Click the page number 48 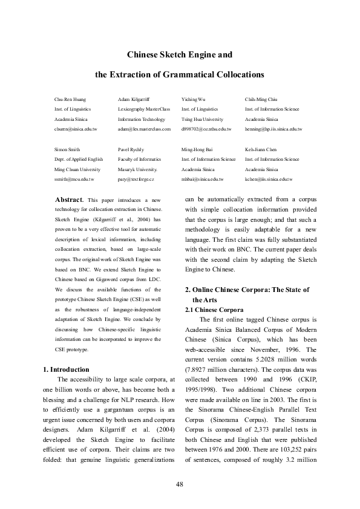click(x=180, y=484)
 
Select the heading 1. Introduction click(x=67, y=369)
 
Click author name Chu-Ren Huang click(x=67, y=98)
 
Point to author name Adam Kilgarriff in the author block click(x=133, y=98)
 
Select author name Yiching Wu click(x=194, y=98)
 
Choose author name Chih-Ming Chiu click(x=261, y=98)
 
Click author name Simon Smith click(x=66, y=149)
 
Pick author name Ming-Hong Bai click(x=198, y=149)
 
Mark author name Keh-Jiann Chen click(x=261, y=149)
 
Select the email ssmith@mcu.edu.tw click(x=74, y=180)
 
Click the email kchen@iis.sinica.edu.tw click(x=269, y=180)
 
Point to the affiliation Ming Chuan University click(x=77, y=170)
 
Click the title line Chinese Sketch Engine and click(x=180, y=55)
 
